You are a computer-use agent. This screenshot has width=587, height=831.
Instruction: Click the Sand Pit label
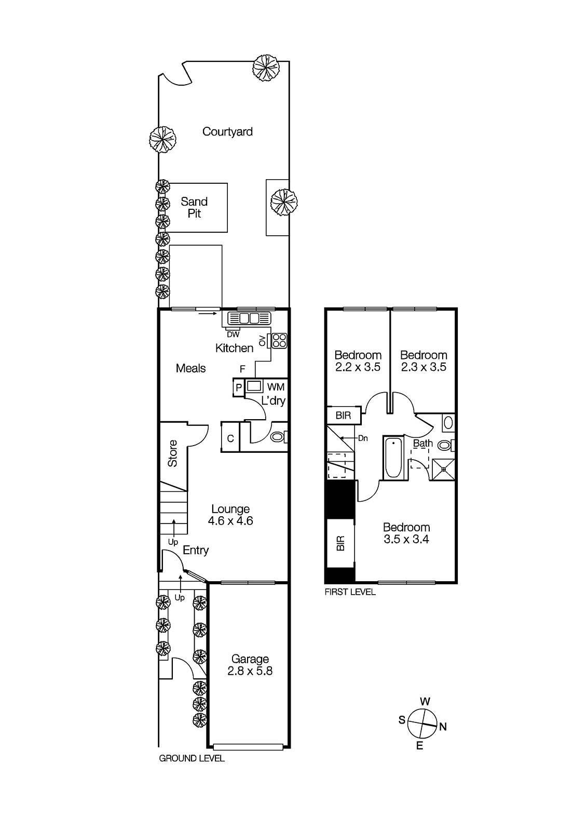(194, 208)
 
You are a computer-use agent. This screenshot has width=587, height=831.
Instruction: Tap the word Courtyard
(227, 132)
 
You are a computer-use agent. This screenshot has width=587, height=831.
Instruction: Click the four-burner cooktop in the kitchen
(279, 340)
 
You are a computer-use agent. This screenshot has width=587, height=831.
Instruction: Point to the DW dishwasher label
(233, 334)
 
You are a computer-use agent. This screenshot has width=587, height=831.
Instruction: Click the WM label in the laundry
(276, 387)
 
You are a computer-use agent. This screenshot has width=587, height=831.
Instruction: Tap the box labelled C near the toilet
(230, 438)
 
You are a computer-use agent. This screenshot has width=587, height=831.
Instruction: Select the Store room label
(173, 453)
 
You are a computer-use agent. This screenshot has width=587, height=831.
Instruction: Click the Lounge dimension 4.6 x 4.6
(230, 521)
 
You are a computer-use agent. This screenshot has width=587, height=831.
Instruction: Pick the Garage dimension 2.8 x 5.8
(250, 671)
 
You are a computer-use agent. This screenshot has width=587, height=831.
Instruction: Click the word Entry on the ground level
(196, 550)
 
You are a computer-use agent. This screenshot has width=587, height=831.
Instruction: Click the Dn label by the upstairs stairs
(363, 438)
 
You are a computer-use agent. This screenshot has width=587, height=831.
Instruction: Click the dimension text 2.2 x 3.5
(358, 367)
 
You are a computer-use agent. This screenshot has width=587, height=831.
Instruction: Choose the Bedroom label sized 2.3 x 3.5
(424, 355)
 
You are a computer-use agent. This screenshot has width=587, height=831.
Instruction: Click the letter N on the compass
(443, 727)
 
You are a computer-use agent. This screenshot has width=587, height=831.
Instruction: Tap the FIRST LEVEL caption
(350, 592)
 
